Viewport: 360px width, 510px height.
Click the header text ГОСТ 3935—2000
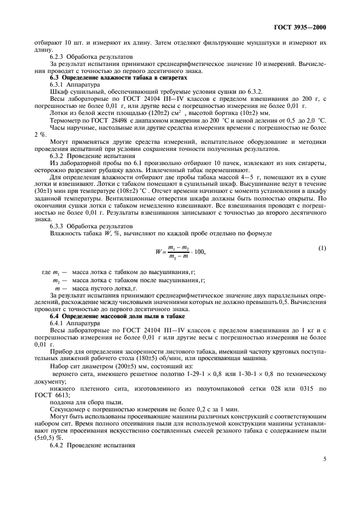coord(306,27)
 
